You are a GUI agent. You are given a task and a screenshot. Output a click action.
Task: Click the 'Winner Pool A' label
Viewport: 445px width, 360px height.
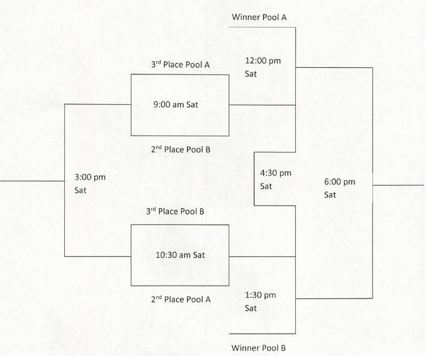click(259, 18)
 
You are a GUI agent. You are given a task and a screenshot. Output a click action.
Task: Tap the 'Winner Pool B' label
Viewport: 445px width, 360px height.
click(258, 348)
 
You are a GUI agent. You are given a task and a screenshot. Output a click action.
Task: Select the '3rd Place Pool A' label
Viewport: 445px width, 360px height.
click(180, 64)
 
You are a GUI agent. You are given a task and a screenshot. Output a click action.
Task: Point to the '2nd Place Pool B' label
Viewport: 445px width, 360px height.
click(181, 149)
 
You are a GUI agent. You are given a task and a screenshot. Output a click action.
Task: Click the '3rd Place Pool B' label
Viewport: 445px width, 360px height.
click(175, 211)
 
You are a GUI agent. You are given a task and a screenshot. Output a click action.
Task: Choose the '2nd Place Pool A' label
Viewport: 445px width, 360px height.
click(181, 299)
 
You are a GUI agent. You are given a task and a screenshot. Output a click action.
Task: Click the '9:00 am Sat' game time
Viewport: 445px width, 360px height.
click(175, 105)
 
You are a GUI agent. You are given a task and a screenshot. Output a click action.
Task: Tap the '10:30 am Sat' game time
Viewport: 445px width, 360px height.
click(180, 255)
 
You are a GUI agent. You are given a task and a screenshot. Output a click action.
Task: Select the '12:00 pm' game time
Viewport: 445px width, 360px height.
click(263, 61)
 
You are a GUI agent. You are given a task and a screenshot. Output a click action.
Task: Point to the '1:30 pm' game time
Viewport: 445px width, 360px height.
click(260, 295)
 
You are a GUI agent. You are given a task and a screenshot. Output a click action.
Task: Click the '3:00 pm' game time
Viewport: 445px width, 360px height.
click(90, 177)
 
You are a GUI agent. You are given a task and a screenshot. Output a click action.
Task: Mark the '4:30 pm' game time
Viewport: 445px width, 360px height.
click(275, 173)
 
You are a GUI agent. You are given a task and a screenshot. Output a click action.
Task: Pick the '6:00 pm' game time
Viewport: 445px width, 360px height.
click(340, 182)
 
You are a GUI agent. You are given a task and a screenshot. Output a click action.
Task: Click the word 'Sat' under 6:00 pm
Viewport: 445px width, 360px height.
click(330, 195)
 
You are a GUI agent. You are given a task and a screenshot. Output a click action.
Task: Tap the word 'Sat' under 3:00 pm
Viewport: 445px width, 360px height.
click(80, 190)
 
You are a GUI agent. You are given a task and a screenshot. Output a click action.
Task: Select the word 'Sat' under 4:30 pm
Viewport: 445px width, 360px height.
click(266, 186)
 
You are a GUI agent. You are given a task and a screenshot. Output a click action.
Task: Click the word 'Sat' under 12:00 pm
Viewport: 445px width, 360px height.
click(251, 74)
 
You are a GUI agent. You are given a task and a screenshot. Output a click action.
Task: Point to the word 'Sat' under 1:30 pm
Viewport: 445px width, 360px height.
click(251, 308)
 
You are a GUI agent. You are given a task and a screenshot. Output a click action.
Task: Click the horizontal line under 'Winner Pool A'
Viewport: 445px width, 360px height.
click(263, 28)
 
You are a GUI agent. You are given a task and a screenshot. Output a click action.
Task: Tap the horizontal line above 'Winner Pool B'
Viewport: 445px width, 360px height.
click(263, 334)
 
